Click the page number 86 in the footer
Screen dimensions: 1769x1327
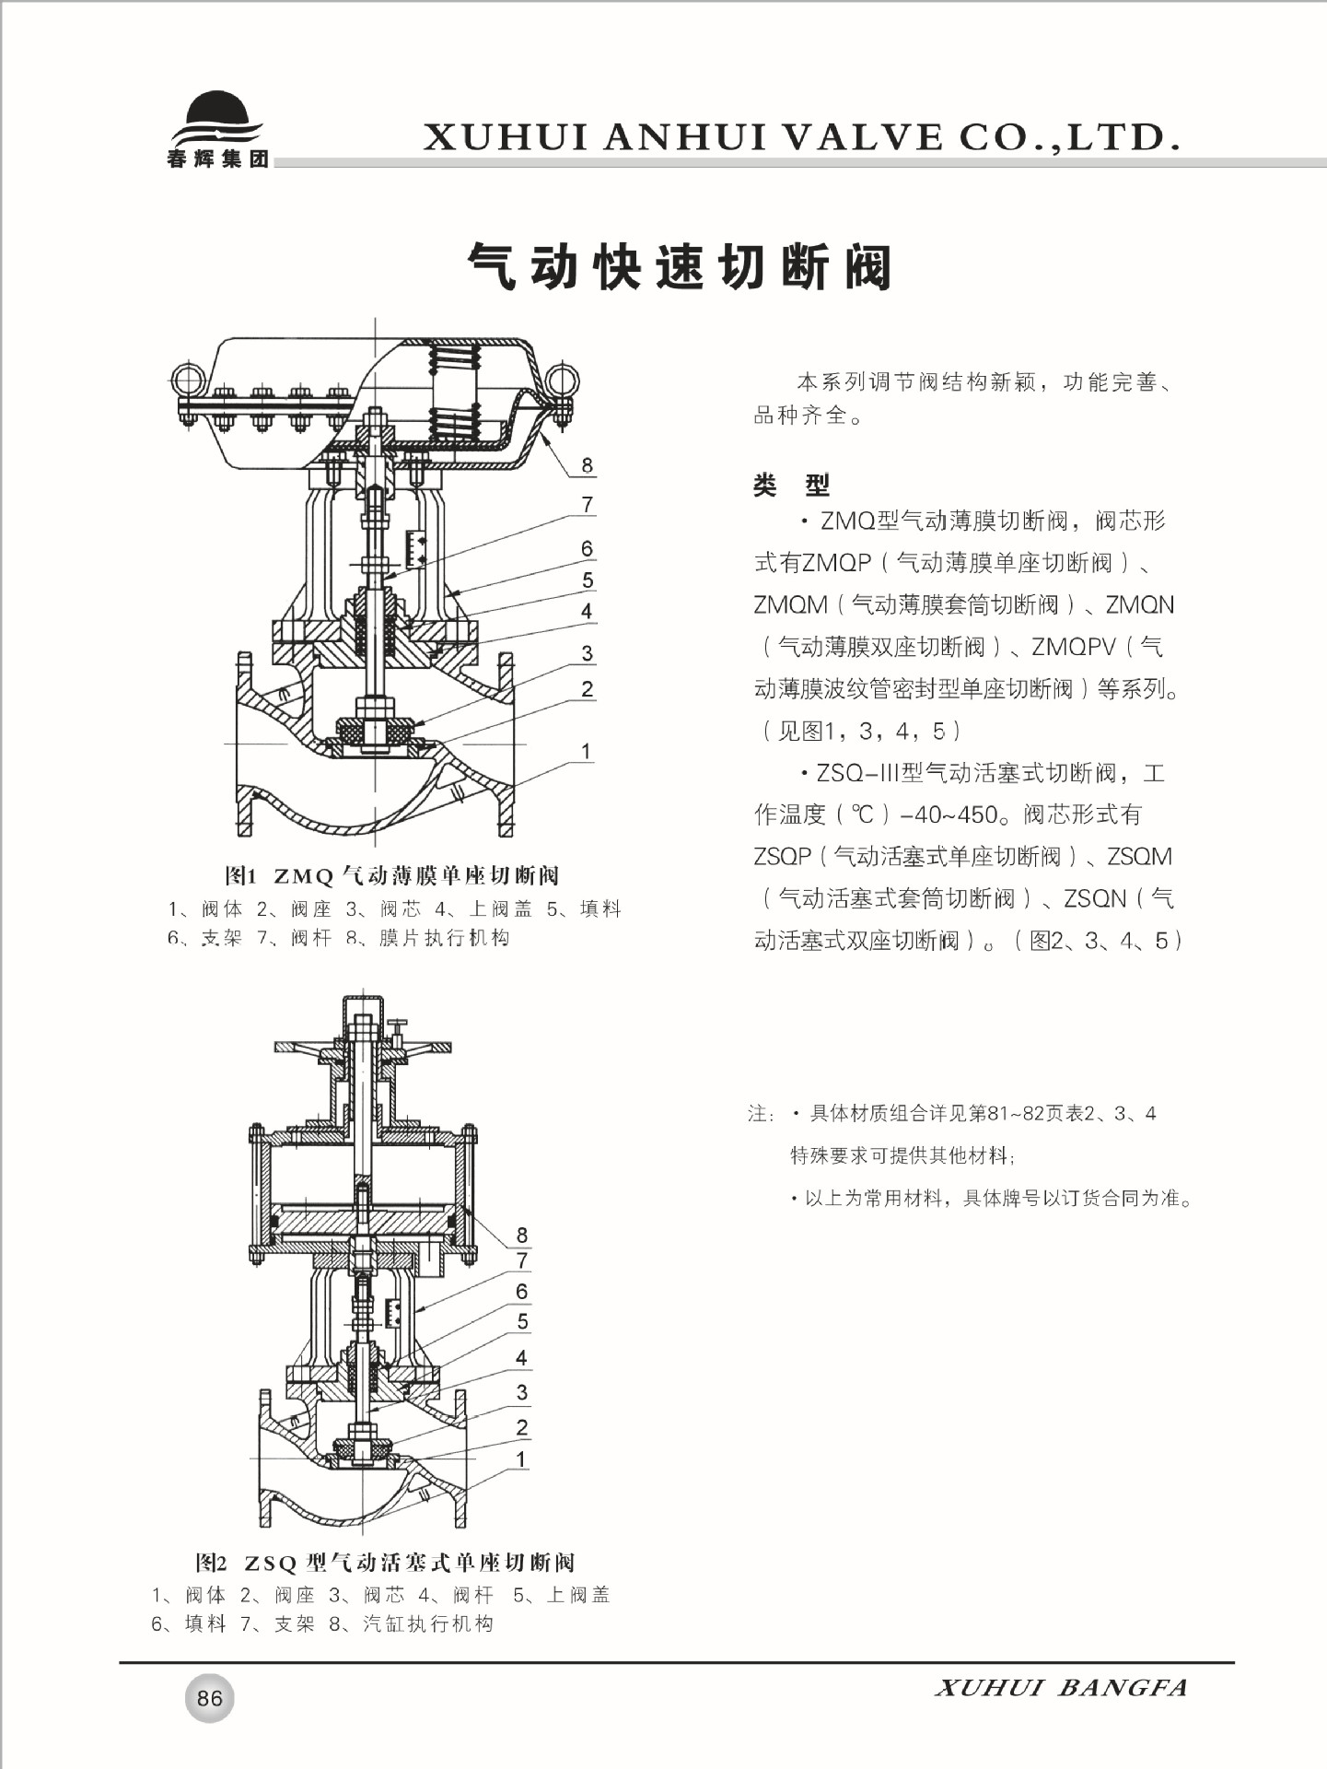click(209, 1697)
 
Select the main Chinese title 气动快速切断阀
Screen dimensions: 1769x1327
click(681, 267)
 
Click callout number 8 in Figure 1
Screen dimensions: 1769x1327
click(587, 465)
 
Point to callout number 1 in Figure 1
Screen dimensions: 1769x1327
click(586, 751)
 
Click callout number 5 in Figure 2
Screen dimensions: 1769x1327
click(522, 1321)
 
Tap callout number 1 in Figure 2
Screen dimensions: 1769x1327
click(521, 1459)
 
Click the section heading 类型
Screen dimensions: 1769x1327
click(790, 485)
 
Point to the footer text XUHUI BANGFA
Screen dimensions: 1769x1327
click(1061, 1688)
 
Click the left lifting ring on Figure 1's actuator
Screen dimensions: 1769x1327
click(191, 381)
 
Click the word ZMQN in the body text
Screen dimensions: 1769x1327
click(1139, 605)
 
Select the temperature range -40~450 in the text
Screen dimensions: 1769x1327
click(949, 814)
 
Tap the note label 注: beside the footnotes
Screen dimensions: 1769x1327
click(762, 1114)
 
